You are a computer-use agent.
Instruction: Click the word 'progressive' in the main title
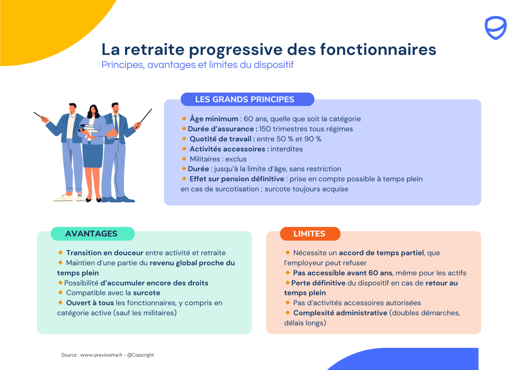(x=236, y=50)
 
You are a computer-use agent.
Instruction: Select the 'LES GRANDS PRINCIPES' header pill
(x=247, y=99)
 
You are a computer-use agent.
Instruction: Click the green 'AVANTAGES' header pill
(x=92, y=233)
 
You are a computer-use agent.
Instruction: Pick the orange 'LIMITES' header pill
(x=310, y=233)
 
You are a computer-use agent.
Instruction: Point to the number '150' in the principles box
(x=265, y=129)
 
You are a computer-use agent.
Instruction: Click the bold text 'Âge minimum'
(x=214, y=119)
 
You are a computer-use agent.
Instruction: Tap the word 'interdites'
(x=287, y=149)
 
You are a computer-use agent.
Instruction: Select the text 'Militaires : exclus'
(x=218, y=159)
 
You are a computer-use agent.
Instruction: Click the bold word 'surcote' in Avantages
(x=146, y=293)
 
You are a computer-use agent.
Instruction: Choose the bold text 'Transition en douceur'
(x=105, y=253)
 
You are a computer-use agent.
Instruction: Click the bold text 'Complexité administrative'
(x=340, y=313)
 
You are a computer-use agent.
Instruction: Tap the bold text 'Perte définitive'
(x=318, y=283)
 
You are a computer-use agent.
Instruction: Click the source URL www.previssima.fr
(x=101, y=355)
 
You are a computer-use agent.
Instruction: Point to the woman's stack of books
(x=88, y=128)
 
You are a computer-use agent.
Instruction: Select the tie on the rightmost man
(x=116, y=126)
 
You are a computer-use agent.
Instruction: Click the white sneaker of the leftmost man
(x=63, y=198)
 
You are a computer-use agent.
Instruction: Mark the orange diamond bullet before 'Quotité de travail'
(x=184, y=139)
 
